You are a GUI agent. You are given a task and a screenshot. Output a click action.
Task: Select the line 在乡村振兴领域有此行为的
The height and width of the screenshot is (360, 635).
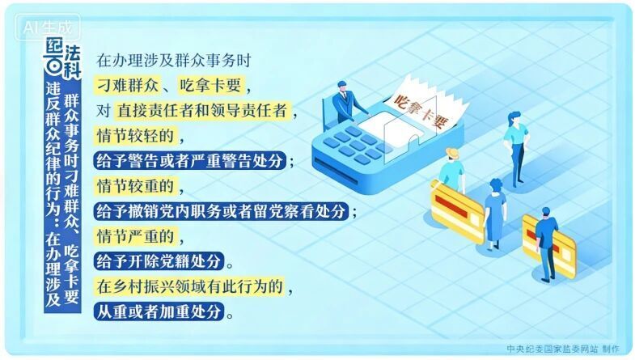click(191, 286)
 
